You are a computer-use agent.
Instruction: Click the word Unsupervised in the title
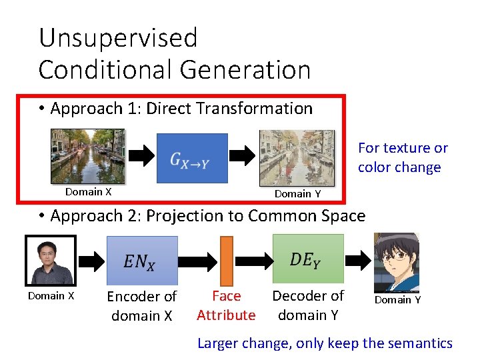118,38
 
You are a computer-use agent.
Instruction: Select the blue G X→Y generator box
191,158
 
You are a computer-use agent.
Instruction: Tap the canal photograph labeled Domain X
88,156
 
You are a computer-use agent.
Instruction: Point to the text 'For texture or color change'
402,157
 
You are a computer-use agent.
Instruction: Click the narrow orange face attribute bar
226,261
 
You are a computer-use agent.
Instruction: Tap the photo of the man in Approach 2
50,261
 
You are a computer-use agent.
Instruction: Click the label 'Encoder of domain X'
142,305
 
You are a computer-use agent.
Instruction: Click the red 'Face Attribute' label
226,305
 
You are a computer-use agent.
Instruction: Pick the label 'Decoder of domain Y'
308,305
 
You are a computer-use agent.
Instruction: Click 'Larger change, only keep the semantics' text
325,343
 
